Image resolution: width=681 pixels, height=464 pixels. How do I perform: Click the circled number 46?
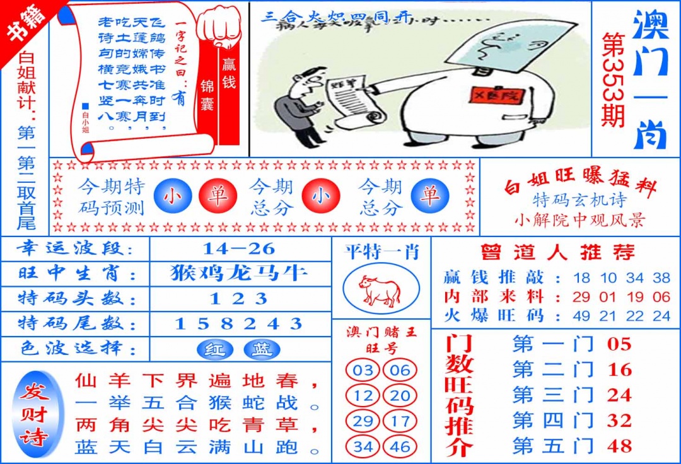coord(400,447)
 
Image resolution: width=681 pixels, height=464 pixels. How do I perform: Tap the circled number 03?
coord(363,371)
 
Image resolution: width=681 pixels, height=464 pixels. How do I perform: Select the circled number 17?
coord(400,422)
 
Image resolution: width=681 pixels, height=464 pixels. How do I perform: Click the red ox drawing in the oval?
coord(380,291)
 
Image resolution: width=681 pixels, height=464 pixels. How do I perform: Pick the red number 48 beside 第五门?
coord(619,446)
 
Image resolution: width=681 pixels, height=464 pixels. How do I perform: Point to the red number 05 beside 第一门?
coord(619,344)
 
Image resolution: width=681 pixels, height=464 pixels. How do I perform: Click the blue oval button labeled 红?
coord(214,349)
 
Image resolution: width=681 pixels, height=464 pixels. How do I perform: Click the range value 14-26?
coord(240,248)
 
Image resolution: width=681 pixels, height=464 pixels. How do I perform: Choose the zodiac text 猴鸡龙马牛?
coord(240,273)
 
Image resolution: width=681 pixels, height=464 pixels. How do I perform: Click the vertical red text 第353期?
coord(613,79)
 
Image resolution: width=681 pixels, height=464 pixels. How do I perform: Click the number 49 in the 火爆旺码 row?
coord(582,316)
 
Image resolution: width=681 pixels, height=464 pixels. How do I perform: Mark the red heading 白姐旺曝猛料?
coord(580,185)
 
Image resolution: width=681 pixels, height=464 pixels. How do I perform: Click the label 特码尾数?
coord(76,324)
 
